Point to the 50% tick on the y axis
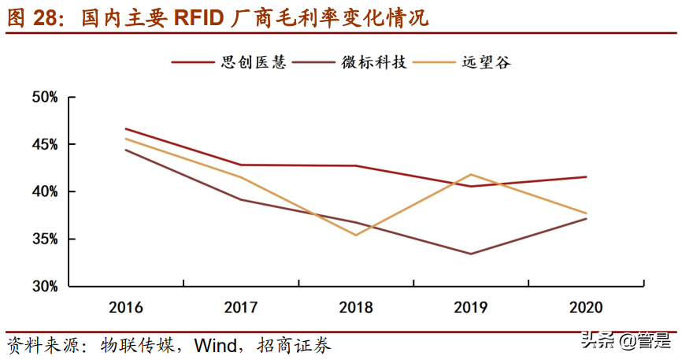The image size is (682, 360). [x=45, y=98]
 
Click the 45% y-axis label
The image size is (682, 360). [x=45, y=145]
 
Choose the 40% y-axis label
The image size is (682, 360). [x=45, y=192]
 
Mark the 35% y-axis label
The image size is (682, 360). [x=45, y=239]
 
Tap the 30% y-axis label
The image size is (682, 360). [x=45, y=287]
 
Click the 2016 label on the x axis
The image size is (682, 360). [x=126, y=307]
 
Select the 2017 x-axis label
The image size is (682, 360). [x=241, y=307]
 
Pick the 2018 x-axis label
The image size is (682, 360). [x=356, y=307]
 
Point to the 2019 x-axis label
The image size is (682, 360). [x=471, y=307]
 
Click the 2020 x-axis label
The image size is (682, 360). [x=586, y=307]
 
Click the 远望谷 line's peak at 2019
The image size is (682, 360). [x=471, y=174]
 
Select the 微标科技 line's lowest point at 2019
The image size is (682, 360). [x=471, y=254]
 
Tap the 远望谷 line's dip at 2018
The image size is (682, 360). [x=356, y=235]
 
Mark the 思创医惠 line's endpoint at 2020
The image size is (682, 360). [x=586, y=176]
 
